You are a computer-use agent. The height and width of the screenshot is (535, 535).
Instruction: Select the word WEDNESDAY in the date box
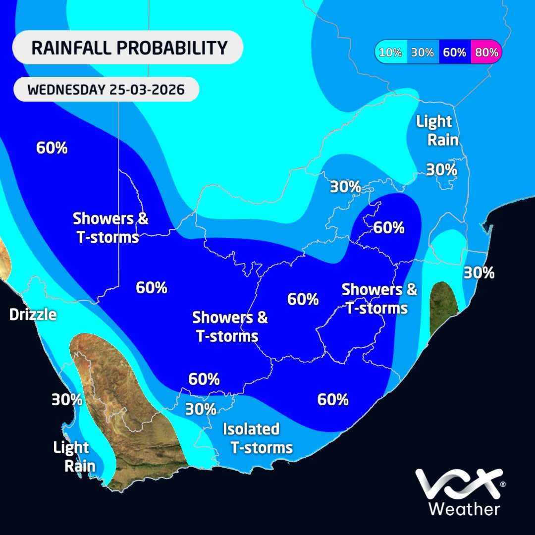66,90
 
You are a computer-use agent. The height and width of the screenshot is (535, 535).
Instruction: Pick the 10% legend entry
391,52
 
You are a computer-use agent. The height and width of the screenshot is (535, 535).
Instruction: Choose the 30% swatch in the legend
423,52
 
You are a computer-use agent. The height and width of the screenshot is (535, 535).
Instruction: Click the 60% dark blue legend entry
454,52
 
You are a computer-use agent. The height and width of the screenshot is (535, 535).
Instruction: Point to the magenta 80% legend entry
486,52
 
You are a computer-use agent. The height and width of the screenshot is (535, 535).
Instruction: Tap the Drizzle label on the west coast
33,315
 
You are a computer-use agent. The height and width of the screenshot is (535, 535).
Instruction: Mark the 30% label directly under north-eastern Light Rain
441,170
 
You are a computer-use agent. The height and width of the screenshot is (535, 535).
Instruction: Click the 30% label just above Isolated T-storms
201,409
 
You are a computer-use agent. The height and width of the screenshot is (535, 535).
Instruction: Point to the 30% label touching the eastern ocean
479,272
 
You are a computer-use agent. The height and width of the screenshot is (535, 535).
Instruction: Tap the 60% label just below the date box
52,148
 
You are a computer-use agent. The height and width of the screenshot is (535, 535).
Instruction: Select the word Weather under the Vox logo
464,509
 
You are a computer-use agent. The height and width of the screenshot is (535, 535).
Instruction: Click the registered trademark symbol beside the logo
503,484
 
